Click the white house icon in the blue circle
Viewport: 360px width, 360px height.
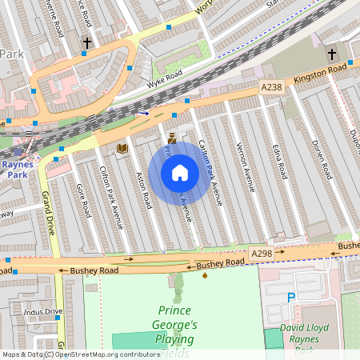[180, 173]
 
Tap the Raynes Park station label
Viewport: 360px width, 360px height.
[18, 170]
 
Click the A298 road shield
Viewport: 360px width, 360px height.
[262, 254]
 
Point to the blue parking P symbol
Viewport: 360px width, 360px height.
[291, 298]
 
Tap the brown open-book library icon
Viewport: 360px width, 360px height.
[122, 148]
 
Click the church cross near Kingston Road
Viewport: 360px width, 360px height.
[331, 54]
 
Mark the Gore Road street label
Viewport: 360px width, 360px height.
[81, 200]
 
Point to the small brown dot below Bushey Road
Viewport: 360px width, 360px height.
[206, 276]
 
